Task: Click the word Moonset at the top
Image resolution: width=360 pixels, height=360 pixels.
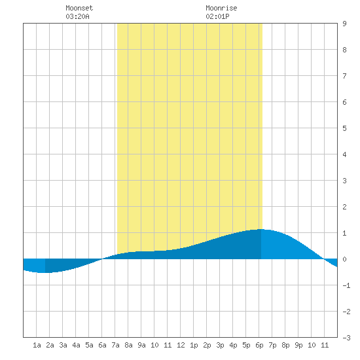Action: coord(79,8)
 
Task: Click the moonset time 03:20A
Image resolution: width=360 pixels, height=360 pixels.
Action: coord(77,16)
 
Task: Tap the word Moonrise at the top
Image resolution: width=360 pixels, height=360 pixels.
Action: coord(221,8)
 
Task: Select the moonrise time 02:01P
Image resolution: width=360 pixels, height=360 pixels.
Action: coord(217,16)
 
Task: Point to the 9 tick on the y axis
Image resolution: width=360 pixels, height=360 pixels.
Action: coord(344,24)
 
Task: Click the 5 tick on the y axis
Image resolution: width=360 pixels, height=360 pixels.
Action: coord(344,128)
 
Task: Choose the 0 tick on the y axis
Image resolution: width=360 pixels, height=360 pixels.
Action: coord(344,259)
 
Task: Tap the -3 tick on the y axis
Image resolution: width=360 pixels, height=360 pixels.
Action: coord(346,338)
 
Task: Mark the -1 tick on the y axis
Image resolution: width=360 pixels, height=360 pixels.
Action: coord(346,285)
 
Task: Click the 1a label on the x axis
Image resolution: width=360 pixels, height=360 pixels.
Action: coord(37,345)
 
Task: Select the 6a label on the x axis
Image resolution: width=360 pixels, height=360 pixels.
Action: coord(102,345)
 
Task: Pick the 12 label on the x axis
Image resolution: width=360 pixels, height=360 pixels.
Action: coord(181,345)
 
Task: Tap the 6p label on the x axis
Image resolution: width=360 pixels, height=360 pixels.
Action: coord(259,345)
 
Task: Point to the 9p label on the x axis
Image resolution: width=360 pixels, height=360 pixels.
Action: coord(298,345)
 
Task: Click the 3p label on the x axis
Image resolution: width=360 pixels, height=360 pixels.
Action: coord(220,345)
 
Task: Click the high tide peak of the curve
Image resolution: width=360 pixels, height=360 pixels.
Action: coord(261,229)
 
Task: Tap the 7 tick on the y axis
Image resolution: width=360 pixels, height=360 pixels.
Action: coord(344,76)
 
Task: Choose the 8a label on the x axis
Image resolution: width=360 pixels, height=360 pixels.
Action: coord(128,345)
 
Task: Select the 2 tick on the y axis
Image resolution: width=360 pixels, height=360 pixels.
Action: coord(344,207)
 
